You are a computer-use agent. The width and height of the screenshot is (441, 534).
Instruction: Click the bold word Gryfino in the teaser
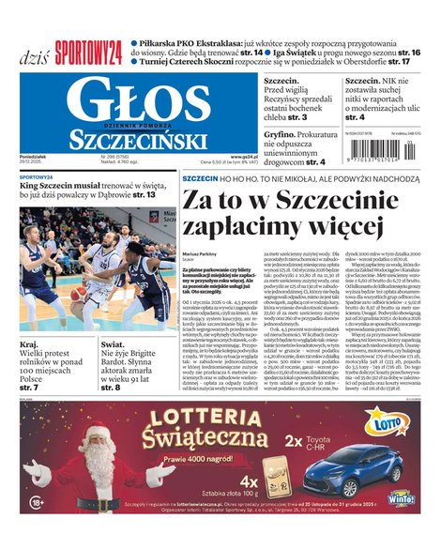pos(280,135)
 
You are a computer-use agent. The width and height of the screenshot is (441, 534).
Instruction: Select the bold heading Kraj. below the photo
pos(29,344)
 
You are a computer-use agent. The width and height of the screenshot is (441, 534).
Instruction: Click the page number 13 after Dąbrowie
pos(150,195)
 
